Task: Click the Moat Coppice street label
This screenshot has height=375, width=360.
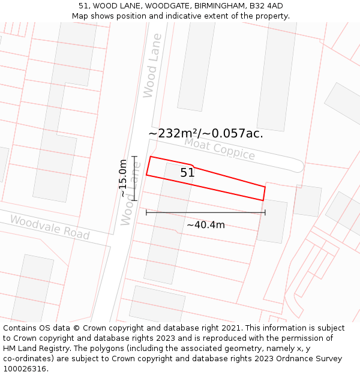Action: [x=220, y=148]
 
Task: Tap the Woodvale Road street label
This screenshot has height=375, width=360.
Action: [x=49, y=227]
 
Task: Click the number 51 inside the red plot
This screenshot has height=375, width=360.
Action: [x=187, y=173]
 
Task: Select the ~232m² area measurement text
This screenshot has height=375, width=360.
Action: [x=173, y=133]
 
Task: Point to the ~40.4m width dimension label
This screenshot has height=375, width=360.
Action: [x=205, y=225]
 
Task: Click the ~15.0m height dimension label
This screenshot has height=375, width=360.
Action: [x=123, y=178]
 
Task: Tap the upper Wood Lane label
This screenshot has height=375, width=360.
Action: [x=152, y=65]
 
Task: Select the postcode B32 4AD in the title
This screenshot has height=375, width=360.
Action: [x=268, y=6]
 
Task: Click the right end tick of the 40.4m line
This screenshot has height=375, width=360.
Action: [x=265, y=212]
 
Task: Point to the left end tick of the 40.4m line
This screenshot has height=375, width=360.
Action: [x=146, y=212]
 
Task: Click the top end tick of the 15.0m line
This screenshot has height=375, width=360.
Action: [x=134, y=157]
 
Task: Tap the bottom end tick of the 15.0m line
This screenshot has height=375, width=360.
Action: [x=134, y=200]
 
